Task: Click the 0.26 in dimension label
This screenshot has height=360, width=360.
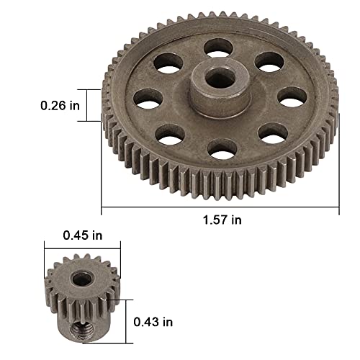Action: [x=60, y=106]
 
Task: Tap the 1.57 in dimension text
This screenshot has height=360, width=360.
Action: [x=222, y=220]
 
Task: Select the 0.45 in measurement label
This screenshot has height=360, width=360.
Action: [x=83, y=235]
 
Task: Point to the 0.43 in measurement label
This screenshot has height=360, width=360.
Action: [x=153, y=322]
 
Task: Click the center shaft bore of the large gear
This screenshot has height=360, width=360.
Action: [x=220, y=77]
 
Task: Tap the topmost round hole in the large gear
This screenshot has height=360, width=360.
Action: [x=218, y=48]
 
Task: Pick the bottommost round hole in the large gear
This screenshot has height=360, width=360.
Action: [x=222, y=149]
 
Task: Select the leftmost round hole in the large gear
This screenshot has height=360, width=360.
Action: [x=148, y=99]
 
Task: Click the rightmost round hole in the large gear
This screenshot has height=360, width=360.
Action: [x=292, y=97]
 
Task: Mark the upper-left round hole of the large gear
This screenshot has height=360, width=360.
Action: [x=168, y=63]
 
